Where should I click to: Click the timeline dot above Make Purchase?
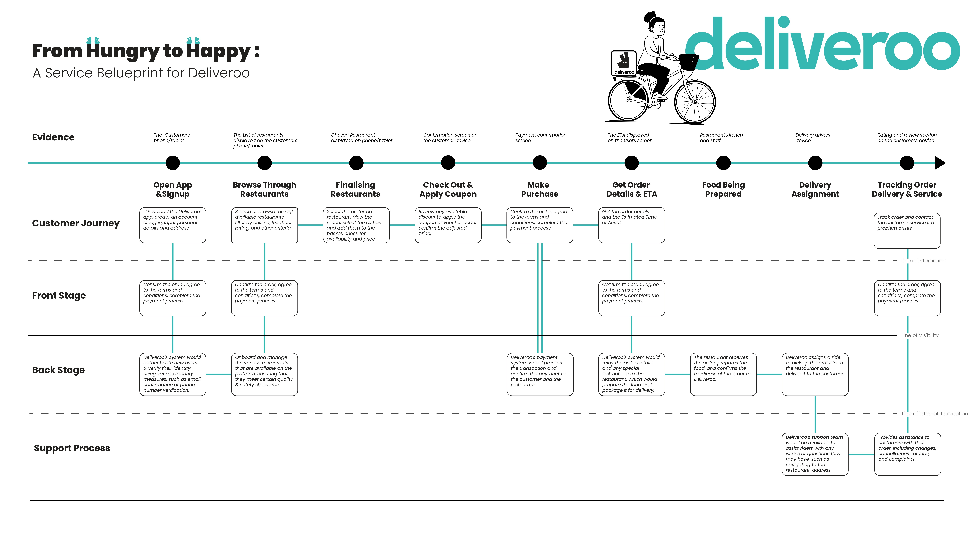[540, 163]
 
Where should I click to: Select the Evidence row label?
[53, 137]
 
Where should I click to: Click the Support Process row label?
[72, 448]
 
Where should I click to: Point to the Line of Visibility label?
[920, 335]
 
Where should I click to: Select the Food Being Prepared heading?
[723, 189]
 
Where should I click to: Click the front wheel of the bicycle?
[695, 101]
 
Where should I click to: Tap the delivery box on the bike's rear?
[623, 64]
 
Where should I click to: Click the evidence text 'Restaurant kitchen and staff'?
[721, 138]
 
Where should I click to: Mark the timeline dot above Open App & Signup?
[173, 163]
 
